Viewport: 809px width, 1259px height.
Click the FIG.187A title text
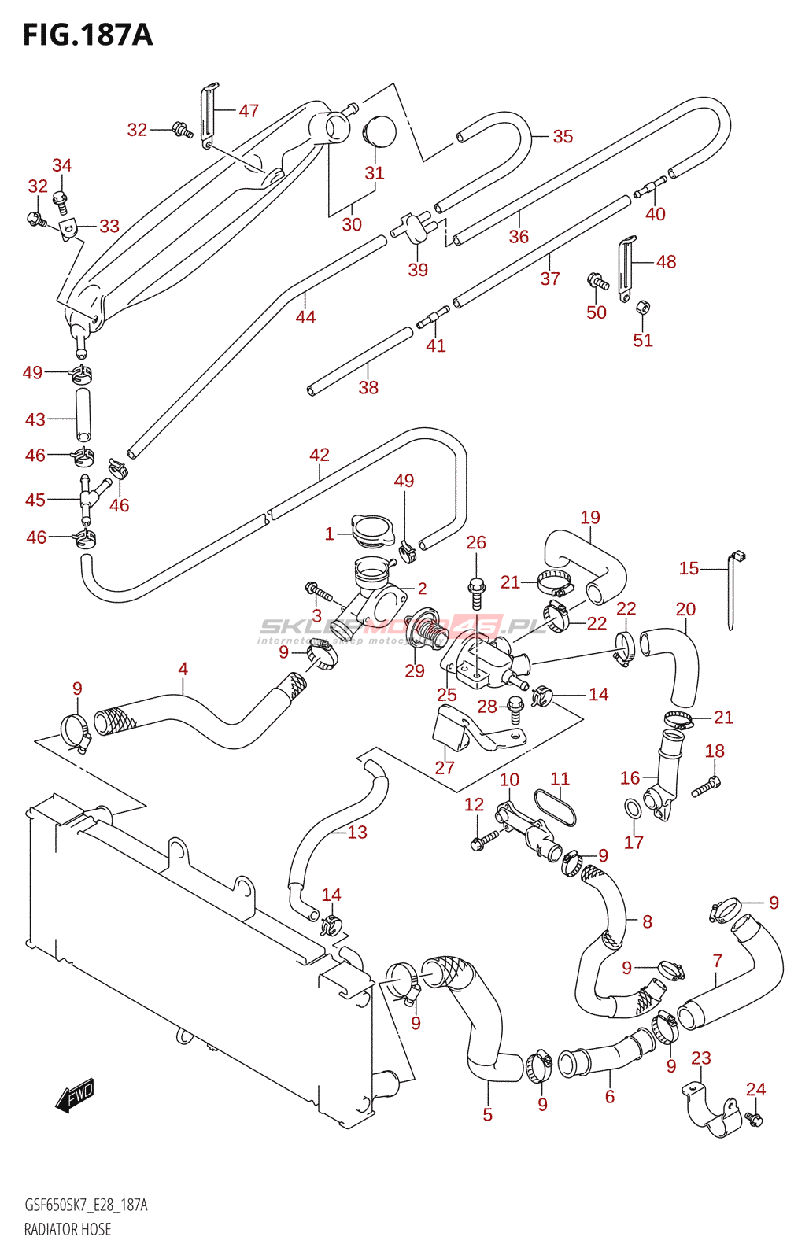(87, 35)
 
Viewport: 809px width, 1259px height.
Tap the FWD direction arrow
(76, 1094)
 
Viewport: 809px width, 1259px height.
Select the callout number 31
(375, 173)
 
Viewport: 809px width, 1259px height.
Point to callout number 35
(563, 136)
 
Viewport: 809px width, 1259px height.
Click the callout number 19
(590, 517)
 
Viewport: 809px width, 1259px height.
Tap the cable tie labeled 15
(733, 590)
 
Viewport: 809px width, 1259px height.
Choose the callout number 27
(445, 767)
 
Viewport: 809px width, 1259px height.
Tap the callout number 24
(755, 1089)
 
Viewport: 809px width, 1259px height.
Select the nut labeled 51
(642, 306)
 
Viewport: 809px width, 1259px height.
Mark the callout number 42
(320, 455)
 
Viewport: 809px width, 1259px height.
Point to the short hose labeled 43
(83, 414)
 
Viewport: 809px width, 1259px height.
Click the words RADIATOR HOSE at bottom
(68, 1229)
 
